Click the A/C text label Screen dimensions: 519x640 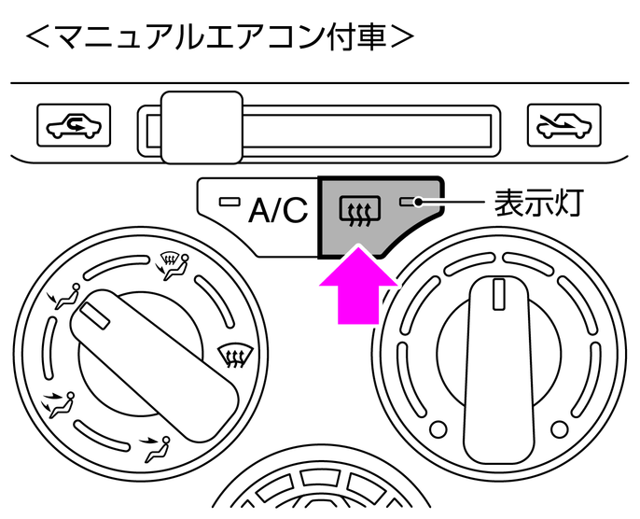[x=277, y=211]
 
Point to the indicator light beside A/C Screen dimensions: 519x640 [x=227, y=201]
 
